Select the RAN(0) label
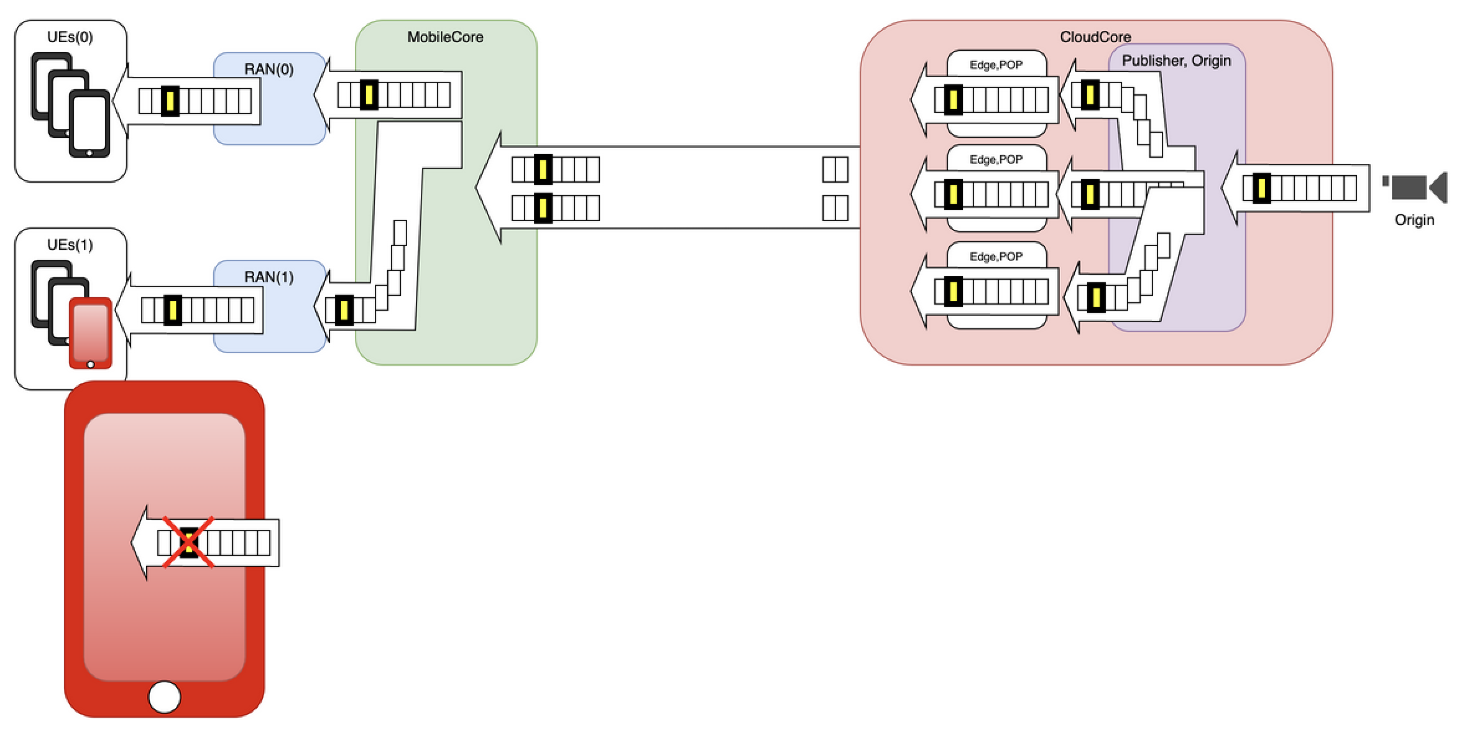[269, 69]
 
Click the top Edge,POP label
[996, 65]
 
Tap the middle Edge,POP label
[996, 160]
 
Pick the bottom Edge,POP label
[996, 257]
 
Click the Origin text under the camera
[1414, 220]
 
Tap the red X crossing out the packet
[188, 542]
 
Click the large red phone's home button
[164, 696]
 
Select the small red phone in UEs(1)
[90, 333]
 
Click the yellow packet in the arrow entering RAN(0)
[369, 94]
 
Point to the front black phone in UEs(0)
[89, 123]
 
